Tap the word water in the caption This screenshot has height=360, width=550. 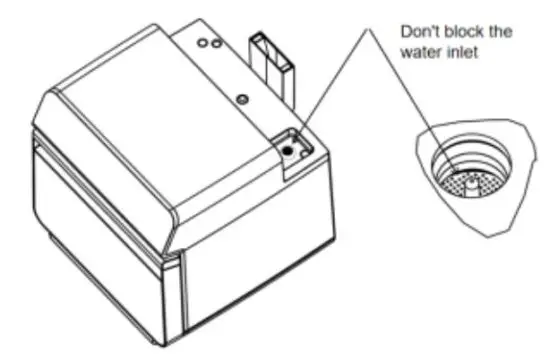[x=417, y=50]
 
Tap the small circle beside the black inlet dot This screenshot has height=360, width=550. [x=302, y=141]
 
